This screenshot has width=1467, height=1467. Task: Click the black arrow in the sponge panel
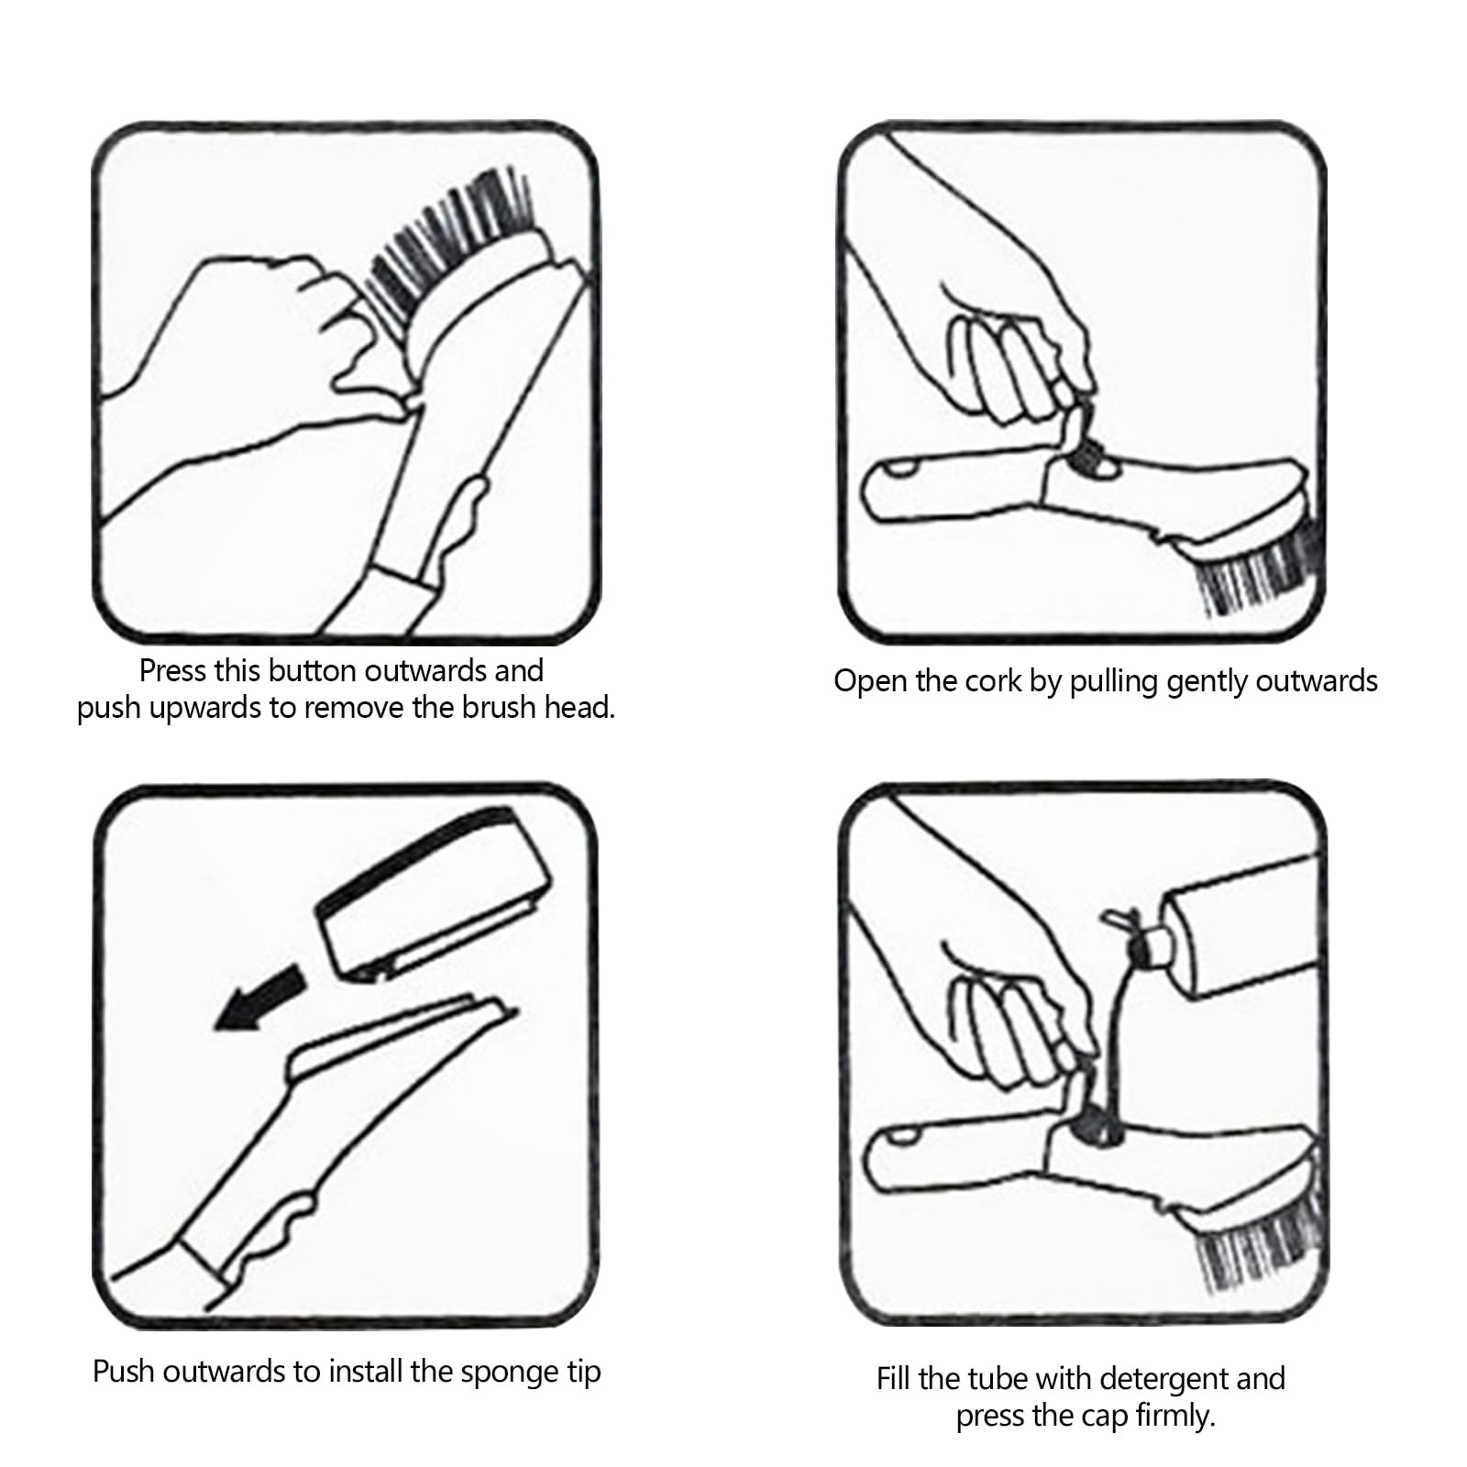click(x=258, y=1001)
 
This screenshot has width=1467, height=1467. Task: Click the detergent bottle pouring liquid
click(x=1229, y=927)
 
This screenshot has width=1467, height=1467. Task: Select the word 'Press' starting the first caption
click(x=171, y=671)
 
